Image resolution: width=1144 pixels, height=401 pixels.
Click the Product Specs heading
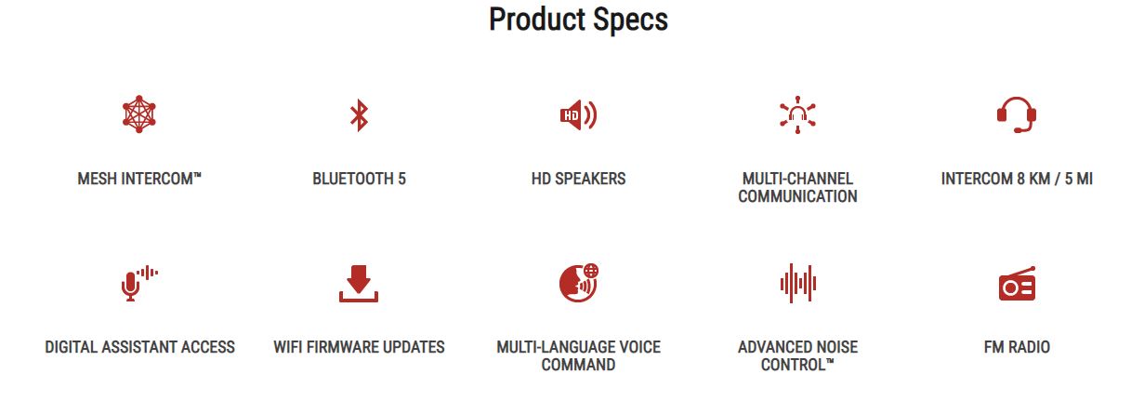(578, 20)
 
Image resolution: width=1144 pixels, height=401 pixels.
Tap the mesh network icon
(138, 114)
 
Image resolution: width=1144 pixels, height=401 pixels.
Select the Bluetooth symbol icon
(359, 115)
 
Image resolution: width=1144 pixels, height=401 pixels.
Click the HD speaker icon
(578, 115)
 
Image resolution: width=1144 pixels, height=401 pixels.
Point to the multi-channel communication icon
(797, 115)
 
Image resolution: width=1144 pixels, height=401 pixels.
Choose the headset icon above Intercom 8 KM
(1017, 114)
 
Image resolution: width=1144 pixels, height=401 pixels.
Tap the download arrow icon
(359, 284)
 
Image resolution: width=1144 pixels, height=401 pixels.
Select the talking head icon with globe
(579, 283)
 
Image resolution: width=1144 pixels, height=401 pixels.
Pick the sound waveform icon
(797, 284)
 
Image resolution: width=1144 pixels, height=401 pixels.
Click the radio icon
(1017, 284)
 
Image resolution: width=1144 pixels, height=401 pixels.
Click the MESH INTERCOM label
(139, 179)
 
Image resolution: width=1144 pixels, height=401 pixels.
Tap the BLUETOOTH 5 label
(359, 179)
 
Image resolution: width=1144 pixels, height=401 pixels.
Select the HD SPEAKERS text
(578, 179)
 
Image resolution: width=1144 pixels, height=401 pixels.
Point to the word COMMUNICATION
(797, 196)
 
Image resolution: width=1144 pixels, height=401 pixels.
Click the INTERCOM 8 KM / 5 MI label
(1017, 179)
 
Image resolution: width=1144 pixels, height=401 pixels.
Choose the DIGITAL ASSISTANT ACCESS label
(139, 347)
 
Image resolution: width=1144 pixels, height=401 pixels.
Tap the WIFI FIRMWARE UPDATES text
(359, 347)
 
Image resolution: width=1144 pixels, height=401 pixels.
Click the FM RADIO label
(1017, 347)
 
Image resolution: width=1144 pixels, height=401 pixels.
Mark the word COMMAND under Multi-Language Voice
(578, 365)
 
